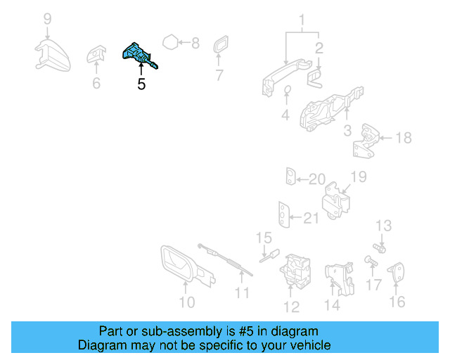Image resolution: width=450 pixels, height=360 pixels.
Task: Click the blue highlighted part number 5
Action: pyautogui.click(x=139, y=55)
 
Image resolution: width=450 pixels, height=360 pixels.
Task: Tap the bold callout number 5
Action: pyautogui.click(x=141, y=84)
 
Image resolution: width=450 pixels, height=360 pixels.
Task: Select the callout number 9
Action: pyautogui.click(x=48, y=19)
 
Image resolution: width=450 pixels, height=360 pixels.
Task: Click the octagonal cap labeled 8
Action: pyautogui.click(x=170, y=42)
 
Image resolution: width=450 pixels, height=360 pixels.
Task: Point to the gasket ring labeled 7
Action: pyautogui.click(x=221, y=44)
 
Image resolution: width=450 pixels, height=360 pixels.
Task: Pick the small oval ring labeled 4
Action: pyautogui.click(x=287, y=90)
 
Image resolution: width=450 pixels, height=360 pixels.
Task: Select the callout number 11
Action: pyautogui.click(x=242, y=293)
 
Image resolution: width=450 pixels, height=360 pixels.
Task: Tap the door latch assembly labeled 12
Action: pyautogui.click(x=295, y=271)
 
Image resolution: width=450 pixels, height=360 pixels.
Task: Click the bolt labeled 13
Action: pyautogui.click(x=379, y=248)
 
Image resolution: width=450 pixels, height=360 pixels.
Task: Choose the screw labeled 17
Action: pyautogui.click(x=371, y=261)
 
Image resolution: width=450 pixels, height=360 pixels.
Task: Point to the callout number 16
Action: pyautogui.click(x=397, y=302)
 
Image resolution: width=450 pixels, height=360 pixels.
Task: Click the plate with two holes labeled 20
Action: pyautogui.click(x=290, y=176)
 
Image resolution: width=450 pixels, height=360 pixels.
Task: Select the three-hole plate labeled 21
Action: pyautogui.click(x=284, y=214)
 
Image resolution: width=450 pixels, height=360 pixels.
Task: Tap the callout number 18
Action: pyautogui.click(x=404, y=138)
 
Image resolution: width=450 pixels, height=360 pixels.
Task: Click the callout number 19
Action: pyautogui.click(x=359, y=177)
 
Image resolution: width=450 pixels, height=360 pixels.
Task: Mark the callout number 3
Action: pyautogui.click(x=347, y=131)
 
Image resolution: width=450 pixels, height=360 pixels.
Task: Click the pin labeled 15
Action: pyautogui.click(x=270, y=255)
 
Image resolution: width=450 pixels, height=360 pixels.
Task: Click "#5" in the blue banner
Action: pyautogui.click(x=246, y=331)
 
